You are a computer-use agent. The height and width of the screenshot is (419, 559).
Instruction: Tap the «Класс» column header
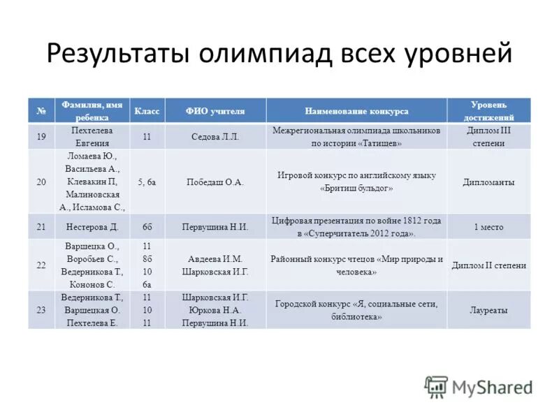(x=147, y=111)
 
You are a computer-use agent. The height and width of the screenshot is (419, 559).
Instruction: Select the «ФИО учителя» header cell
(x=215, y=111)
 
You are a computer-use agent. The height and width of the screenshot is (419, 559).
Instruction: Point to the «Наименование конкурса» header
(x=356, y=111)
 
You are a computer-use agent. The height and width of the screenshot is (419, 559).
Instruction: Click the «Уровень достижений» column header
(x=488, y=111)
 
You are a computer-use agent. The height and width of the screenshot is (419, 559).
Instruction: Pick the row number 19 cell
(x=41, y=137)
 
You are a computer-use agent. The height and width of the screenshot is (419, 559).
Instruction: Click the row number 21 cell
(x=41, y=227)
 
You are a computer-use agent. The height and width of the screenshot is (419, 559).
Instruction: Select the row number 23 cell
(x=41, y=310)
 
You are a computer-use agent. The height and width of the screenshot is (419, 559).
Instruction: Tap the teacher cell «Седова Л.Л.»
(x=215, y=137)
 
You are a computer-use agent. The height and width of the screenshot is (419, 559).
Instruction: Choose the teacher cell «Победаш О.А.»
(x=215, y=182)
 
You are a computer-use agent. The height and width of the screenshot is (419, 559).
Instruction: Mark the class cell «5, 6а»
(x=147, y=182)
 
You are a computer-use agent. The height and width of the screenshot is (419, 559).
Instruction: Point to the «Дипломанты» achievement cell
(x=488, y=182)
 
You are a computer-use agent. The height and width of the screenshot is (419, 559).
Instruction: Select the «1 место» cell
(x=488, y=227)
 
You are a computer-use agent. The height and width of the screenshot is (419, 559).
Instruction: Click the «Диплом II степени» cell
(x=488, y=265)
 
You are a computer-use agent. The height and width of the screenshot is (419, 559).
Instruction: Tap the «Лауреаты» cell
(x=488, y=310)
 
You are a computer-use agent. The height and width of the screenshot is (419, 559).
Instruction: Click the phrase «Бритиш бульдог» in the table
(x=356, y=189)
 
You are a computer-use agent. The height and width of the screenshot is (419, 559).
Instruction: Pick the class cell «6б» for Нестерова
(x=147, y=227)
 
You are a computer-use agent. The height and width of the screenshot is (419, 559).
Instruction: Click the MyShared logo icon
(x=437, y=386)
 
